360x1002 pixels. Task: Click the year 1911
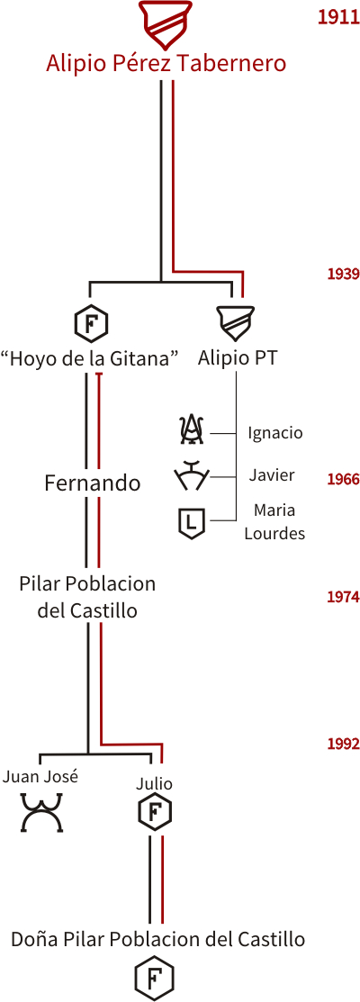pyautogui.click(x=338, y=18)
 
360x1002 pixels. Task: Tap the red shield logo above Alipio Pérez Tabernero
pyautogui.click(x=166, y=23)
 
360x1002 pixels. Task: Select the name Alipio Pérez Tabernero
pyautogui.click(x=166, y=65)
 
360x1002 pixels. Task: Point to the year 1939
pyautogui.click(x=344, y=275)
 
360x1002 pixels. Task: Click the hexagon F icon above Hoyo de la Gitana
pyautogui.click(x=91, y=322)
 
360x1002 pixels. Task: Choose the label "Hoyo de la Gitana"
pyautogui.click(x=89, y=358)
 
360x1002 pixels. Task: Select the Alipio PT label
pyautogui.click(x=238, y=358)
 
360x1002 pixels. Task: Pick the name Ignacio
pyautogui.click(x=275, y=433)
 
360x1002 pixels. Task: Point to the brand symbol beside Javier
pyautogui.click(x=191, y=476)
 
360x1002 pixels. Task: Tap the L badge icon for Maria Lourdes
pyautogui.click(x=192, y=522)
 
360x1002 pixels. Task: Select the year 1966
pyautogui.click(x=344, y=479)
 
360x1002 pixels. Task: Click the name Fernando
pyautogui.click(x=93, y=483)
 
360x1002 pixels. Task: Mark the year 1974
pyautogui.click(x=344, y=598)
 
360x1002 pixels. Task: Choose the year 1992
pyautogui.click(x=344, y=744)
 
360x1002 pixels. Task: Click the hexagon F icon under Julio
pyautogui.click(x=155, y=813)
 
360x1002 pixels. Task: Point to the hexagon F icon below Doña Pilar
pyautogui.click(x=155, y=978)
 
